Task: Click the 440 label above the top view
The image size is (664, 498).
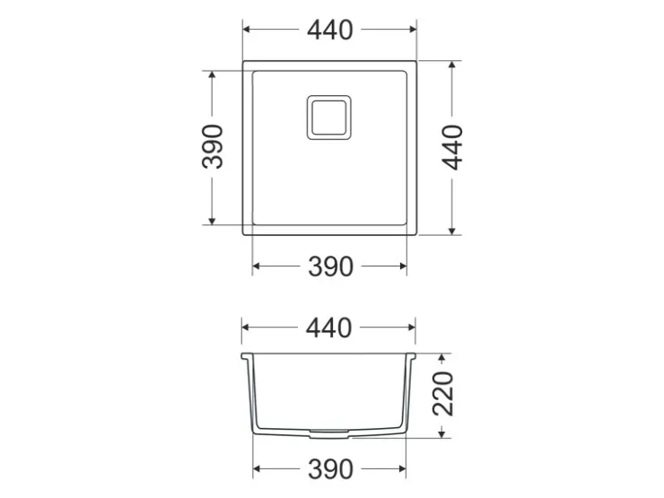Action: (330, 31)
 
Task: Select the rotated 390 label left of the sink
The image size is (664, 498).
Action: (213, 146)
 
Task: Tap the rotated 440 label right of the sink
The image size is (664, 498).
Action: (452, 147)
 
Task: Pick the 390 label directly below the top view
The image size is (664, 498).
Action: (330, 266)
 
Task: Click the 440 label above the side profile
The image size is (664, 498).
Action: (329, 328)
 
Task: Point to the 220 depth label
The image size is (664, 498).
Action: (443, 393)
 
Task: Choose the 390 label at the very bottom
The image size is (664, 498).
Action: (330, 469)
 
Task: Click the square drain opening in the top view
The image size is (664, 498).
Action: (329, 118)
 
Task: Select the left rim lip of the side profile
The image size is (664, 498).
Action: (247, 356)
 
